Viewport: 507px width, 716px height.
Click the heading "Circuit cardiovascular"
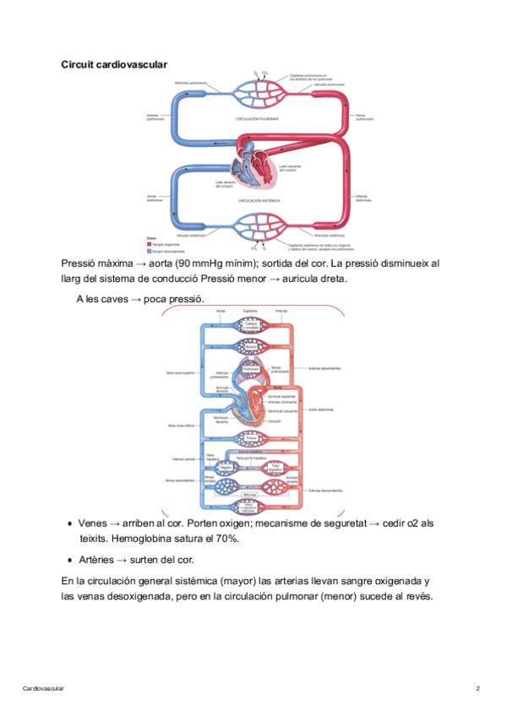click(x=114, y=64)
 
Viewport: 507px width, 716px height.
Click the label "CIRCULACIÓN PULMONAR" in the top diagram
click(x=257, y=119)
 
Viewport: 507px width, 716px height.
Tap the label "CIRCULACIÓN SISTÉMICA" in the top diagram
click(x=259, y=201)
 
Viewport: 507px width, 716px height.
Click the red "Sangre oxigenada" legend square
click(x=149, y=243)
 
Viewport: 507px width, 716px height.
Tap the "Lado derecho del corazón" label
click(x=224, y=185)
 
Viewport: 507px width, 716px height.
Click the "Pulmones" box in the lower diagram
click(x=251, y=369)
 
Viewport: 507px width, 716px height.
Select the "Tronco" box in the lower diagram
click(x=251, y=438)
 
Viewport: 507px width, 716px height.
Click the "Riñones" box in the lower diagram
click(x=251, y=494)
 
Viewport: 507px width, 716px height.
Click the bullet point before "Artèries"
click(x=68, y=560)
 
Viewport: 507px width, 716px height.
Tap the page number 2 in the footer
click(x=478, y=689)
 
